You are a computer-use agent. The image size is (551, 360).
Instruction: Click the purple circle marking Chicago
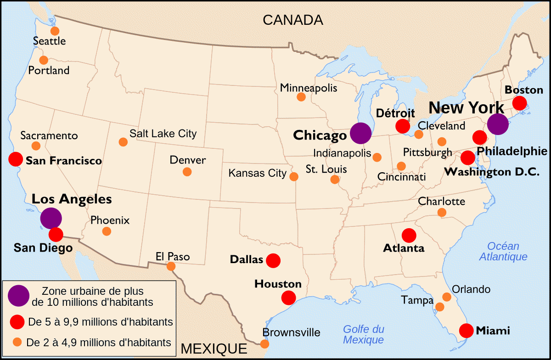click(360, 133)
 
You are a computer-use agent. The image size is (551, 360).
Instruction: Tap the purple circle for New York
click(498, 124)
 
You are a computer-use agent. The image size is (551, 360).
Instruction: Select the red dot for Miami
click(466, 331)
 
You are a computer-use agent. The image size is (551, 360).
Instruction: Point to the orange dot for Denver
click(187, 172)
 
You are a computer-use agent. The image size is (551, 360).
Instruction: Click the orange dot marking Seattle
click(55, 31)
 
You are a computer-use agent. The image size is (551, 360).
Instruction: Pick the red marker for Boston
click(519, 103)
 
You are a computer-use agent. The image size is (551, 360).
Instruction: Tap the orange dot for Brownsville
click(264, 343)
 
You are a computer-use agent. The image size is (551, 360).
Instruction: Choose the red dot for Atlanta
click(409, 236)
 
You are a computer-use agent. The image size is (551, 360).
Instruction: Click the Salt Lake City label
click(163, 134)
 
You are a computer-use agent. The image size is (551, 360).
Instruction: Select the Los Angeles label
click(72, 199)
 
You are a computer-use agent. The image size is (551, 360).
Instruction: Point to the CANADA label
click(293, 20)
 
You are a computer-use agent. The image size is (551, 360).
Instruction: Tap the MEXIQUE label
click(214, 349)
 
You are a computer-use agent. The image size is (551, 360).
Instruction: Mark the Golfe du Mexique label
click(364, 334)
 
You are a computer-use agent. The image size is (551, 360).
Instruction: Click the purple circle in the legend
click(19, 296)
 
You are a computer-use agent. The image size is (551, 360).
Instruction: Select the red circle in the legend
click(18, 322)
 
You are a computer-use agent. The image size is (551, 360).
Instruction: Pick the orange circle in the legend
click(18, 342)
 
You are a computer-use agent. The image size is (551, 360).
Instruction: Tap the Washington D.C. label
click(492, 172)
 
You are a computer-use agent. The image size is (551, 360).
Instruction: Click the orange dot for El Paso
click(171, 266)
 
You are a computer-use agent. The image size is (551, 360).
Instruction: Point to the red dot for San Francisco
click(16, 159)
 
